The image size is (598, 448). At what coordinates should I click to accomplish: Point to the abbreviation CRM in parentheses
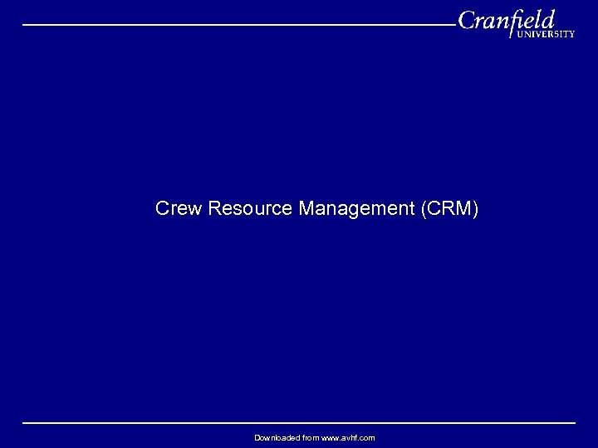tap(449, 208)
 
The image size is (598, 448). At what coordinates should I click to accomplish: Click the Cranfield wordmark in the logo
tap(506, 20)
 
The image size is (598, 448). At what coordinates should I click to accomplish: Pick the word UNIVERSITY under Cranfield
tap(546, 35)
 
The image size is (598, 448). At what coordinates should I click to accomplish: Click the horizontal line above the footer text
tap(299, 423)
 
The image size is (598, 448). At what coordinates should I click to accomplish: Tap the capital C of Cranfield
tap(468, 20)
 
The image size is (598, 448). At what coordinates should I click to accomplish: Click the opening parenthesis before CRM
tap(424, 208)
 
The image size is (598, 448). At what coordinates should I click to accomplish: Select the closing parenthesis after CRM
tap(476, 208)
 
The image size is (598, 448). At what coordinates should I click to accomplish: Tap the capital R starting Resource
tap(214, 208)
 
